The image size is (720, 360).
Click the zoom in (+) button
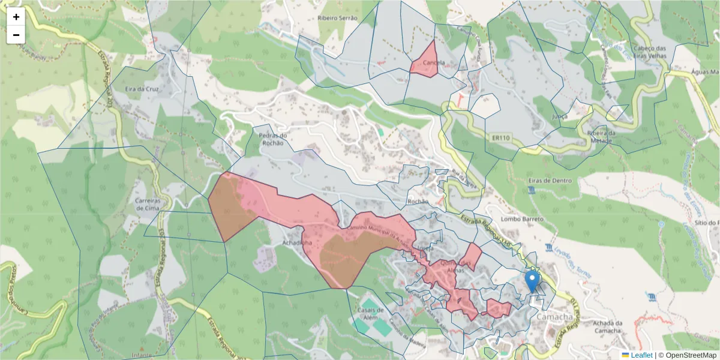[x=16, y=17]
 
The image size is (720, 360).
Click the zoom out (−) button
[x=16, y=35]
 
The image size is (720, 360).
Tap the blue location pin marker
[x=532, y=281]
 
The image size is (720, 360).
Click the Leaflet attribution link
[x=641, y=355]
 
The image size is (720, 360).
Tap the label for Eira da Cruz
[x=142, y=89]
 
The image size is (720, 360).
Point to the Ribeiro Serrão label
[x=338, y=19]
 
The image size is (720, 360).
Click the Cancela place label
[x=434, y=63]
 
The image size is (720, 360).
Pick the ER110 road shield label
[x=500, y=138]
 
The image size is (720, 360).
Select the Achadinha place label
[x=297, y=243]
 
